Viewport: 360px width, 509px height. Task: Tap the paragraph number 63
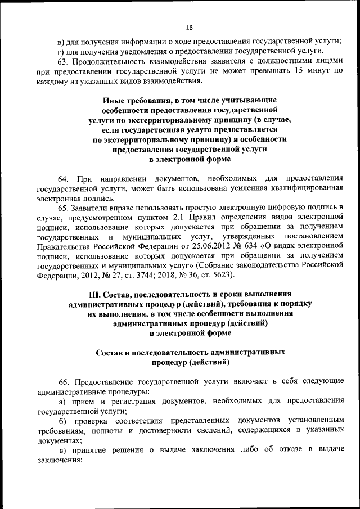point(64,61)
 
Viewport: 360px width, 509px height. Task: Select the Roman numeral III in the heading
point(97,293)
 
